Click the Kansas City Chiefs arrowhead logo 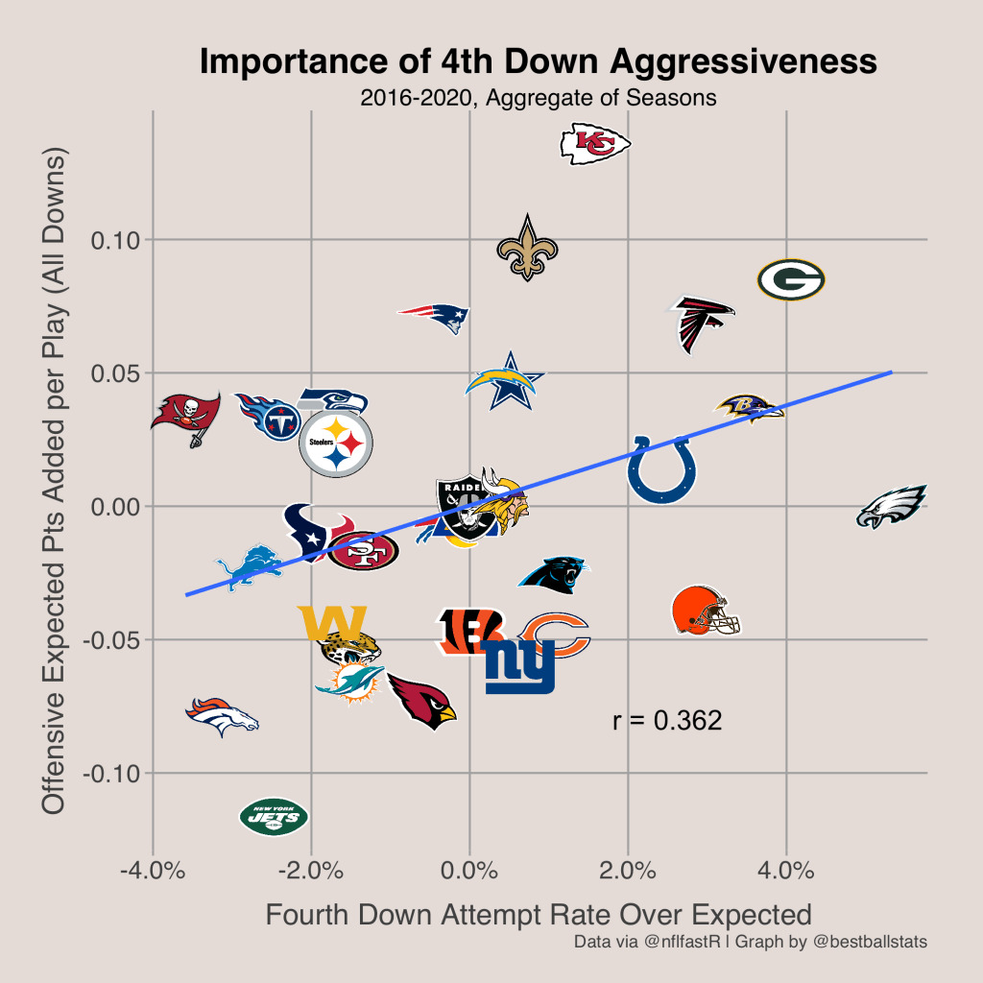tap(595, 143)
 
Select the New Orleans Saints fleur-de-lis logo tap(526, 248)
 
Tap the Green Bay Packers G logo tap(791, 280)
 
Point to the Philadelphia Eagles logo tap(892, 507)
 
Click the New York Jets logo tap(275, 817)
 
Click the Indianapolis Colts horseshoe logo tap(661, 468)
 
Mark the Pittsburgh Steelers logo tap(335, 444)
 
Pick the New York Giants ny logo tap(519, 665)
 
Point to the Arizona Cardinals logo tap(422, 701)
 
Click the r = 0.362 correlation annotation tap(666, 721)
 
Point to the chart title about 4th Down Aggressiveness tap(538, 62)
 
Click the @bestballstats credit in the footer tap(870, 942)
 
